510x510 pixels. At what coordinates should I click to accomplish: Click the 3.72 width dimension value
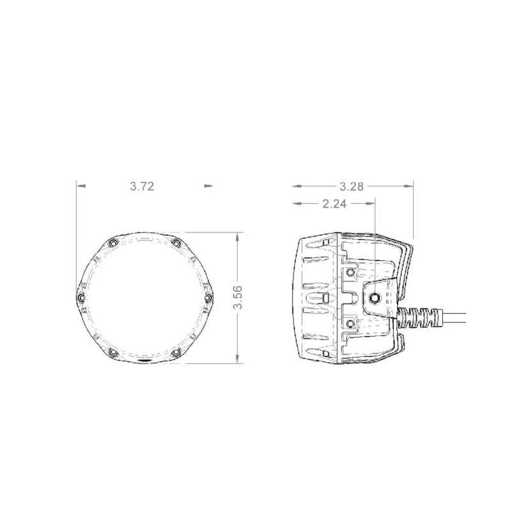pos(142,186)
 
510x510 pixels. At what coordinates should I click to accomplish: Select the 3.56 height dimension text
pos(238,297)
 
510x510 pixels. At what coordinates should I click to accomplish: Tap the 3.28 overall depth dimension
pos(352,186)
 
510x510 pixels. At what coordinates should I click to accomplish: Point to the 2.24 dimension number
pos(335,204)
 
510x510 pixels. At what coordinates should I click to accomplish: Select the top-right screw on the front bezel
pos(175,244)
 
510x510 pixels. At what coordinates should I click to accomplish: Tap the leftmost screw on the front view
pos(80,298)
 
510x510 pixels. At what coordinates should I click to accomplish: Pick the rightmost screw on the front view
pos(207,298)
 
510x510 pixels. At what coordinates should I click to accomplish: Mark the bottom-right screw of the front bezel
pos(175,353)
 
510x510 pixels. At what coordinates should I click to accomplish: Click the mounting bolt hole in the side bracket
pos(375,297)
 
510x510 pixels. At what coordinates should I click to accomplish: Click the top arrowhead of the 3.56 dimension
pos(238,235)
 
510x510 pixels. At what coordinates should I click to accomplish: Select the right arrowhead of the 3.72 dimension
pos(207,186)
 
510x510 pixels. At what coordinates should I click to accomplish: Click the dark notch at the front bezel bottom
pos(144,361)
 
